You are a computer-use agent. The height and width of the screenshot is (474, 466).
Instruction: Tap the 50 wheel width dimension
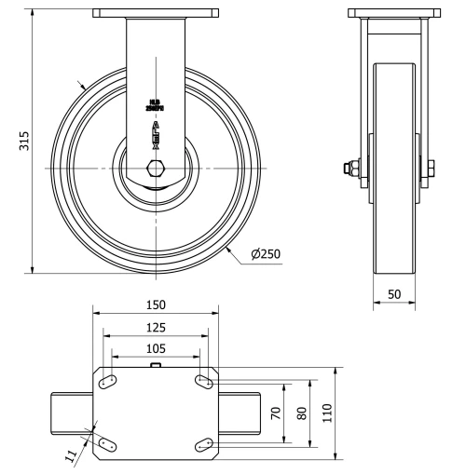[395, 294]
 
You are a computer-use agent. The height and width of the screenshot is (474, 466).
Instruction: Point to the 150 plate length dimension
[155, 305]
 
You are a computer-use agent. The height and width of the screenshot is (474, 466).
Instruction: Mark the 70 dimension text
[275, 412]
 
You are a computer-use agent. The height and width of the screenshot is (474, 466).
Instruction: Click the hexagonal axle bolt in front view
[156, 169]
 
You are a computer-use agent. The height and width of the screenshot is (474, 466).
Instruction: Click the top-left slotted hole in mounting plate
[107, 381]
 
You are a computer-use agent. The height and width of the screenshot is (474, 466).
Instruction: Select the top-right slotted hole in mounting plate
[204, 381]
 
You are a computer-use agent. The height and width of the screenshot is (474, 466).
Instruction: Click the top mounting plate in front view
[156, 13]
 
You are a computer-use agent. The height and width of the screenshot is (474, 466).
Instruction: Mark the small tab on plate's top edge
[156, 367]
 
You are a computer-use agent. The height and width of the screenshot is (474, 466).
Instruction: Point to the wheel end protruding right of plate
[240, 412]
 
